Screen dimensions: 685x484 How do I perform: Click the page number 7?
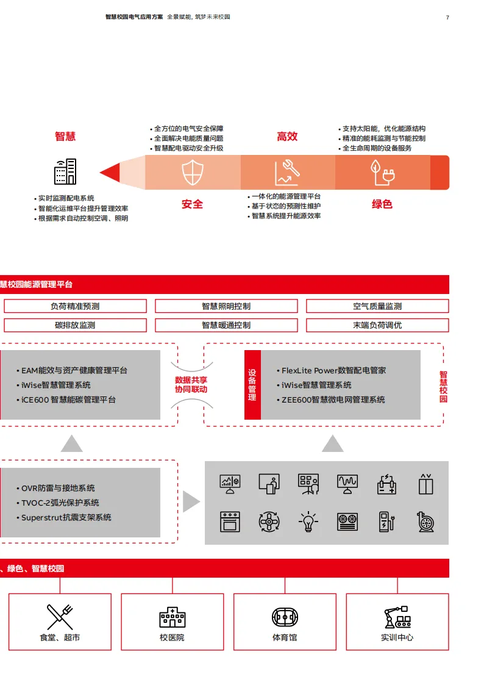tap(447, 17)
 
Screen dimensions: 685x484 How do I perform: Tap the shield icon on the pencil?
tap(192, 173)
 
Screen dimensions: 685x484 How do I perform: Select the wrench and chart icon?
tap(286, 173)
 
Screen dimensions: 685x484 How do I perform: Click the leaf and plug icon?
tap(382, 173)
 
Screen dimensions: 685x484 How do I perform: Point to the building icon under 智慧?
tap(65, 171)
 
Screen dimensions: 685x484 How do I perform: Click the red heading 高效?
tap(287, 137)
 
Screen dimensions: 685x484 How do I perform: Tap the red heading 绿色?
tap(382, 204)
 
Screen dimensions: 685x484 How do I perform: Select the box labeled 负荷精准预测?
tap(75, 306)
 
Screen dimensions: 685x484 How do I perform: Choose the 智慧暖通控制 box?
tap(226, 325)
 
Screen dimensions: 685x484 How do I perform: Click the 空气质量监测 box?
tap(377, 306)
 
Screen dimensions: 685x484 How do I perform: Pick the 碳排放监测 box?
tap(75, 325)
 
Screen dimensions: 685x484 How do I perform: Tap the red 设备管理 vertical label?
tap(252, 384)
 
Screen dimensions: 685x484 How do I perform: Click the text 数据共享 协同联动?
tap(191, 384)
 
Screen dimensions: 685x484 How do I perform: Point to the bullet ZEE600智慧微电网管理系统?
tap(333, 400)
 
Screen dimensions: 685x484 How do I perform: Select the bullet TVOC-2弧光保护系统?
tap(60, 503)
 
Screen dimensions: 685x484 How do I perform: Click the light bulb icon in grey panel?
tap(309, 522)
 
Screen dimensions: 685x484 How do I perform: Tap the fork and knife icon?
tap(60, 616)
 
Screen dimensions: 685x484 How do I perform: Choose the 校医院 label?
tap(172, 637)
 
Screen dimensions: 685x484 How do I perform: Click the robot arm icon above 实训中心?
tap(397, 617)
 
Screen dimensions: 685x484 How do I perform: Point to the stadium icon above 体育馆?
tap(285, 617)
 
